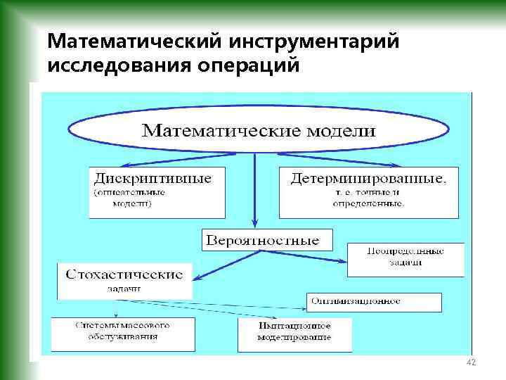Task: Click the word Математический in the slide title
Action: (x=132, y=42)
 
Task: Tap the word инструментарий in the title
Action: (x=313, y=42)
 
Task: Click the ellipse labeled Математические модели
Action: (x=258, y=131)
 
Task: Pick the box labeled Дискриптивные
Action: (x=157, y=191)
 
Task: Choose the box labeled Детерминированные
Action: (x=368, y=191)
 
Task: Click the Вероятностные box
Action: (x=262, y=240)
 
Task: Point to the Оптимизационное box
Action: (x=374, y=301)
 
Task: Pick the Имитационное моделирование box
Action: (x=294, y=333)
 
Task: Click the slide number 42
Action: (x=472, y=362)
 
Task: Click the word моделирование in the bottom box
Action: (x=294, y=338)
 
